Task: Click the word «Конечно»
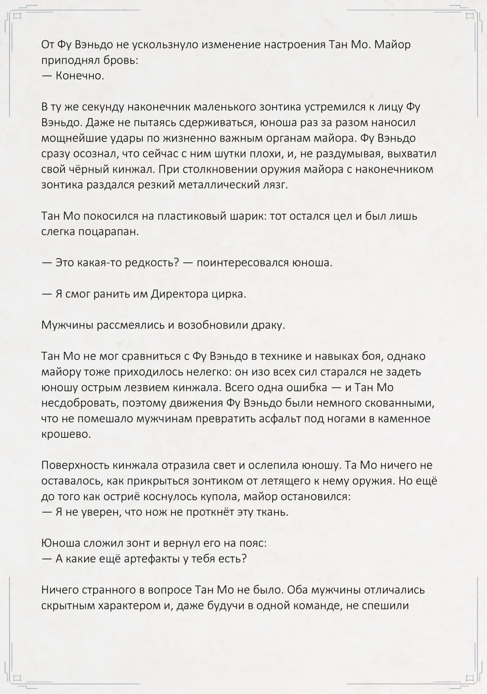(80, 76)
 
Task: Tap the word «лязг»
(275, 185)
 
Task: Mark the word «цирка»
(230, 294)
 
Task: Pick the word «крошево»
(66, 434)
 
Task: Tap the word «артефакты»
(151, 559)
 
